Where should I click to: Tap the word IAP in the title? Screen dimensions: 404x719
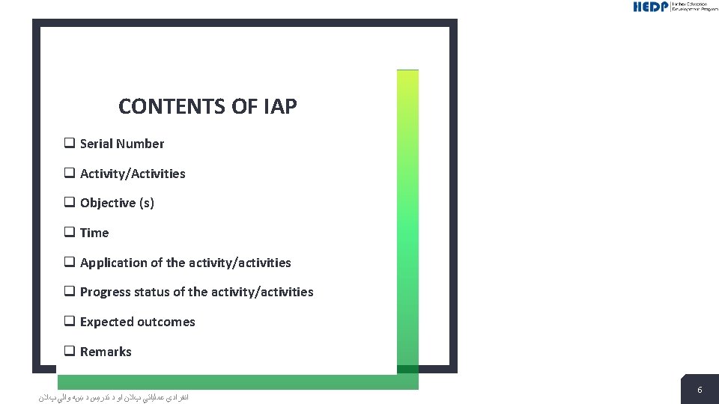[x=280, y=107]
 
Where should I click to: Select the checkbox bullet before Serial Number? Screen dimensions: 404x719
[x=69, y=143]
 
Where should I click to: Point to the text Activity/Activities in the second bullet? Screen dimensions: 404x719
[x=133, y=174]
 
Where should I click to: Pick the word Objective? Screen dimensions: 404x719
[x=108, y=203]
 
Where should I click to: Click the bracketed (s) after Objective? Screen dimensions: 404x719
[x=146, y=203]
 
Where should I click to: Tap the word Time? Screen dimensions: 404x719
[x=94, y=233]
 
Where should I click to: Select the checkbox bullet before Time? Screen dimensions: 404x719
[x=69, y=232]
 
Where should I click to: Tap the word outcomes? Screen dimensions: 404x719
[x=166, y=322]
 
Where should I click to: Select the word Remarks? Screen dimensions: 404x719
[x=106, y=352]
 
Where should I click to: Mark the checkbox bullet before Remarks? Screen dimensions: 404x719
[x=69, y=351]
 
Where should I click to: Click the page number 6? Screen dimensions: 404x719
[x=700, y=390]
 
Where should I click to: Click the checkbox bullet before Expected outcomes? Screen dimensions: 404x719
[x=69, y=321]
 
